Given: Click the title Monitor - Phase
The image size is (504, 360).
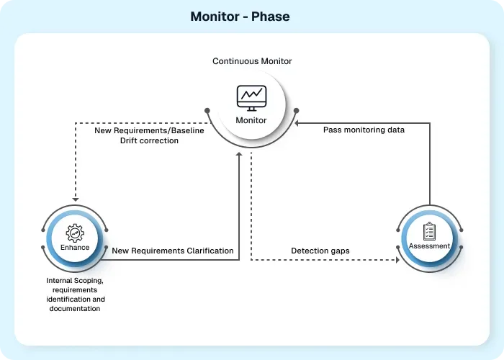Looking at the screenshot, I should [x=240, y=16].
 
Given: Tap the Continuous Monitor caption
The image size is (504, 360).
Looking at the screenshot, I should [x=252, y=61].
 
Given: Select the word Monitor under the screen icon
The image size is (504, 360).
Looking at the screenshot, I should [x=252, y=120].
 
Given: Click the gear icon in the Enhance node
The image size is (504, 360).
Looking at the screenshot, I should [x=75, y=233].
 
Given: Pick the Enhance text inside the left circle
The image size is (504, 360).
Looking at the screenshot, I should [x=75, y=247].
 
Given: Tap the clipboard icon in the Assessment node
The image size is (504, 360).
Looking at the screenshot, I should [x=429, y=231].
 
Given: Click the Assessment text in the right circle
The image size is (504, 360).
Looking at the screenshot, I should [x=429, y=246].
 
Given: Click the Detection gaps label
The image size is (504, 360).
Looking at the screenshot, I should [x=320, y=251].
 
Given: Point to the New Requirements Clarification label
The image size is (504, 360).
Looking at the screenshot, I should [x=173, y=251].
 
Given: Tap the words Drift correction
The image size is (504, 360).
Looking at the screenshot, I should [x=149, y=140].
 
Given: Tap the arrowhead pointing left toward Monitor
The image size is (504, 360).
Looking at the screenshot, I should [x=304, y=122].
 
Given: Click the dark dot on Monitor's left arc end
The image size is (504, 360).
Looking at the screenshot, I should [x=207, y=111].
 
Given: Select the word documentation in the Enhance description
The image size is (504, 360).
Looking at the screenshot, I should [x=75, y=308].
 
